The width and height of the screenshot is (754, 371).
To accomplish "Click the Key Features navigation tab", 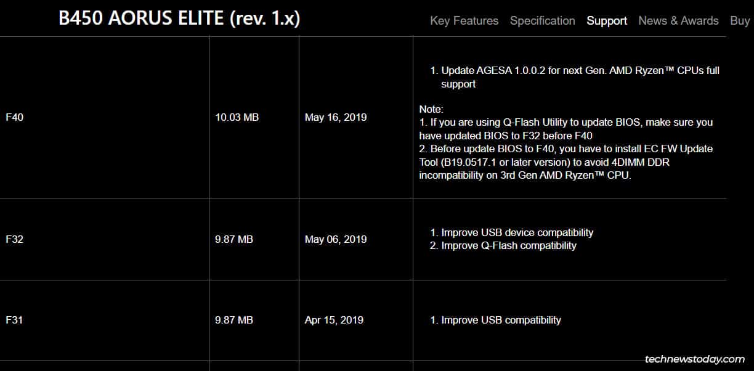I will (x=464, y=21).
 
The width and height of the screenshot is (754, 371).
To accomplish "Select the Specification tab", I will (x=542, y=21).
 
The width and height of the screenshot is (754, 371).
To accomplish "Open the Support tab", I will (x=607, y=21).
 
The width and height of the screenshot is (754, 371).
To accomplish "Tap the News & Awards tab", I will (x=678, y=21).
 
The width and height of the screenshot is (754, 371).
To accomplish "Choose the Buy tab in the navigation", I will (x=740, y=21).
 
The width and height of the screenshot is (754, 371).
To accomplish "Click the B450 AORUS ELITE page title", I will (x=179, y=18).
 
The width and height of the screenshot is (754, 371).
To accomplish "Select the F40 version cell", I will (x=15, y=117).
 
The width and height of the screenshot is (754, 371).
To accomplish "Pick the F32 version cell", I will (x=15, y=239).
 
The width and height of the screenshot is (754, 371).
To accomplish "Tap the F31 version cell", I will (x=15, y=320).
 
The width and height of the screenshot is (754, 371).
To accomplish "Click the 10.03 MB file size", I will (x=237, y=117).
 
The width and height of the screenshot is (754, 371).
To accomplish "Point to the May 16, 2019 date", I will (x=336, y=117).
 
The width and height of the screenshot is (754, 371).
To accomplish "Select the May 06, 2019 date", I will (x=336, y=239).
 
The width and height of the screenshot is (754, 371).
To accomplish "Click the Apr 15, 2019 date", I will (x=334, y=320).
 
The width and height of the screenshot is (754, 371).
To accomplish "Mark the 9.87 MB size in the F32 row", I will (x=234, y=239).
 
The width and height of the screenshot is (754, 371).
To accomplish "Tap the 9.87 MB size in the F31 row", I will (x=234, y=320).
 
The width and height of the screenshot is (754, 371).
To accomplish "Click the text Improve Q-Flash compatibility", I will (x=509, y=245).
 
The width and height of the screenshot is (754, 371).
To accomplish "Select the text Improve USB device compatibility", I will (x=517, y=232).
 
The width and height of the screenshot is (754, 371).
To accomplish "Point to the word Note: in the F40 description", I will (x=431, y=109).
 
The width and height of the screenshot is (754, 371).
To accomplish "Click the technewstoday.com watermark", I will (x=694, y=359).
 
